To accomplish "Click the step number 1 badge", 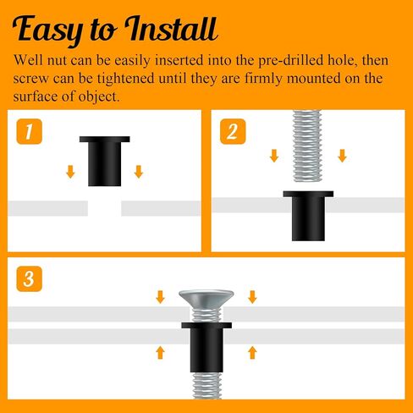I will [x=30, y=131].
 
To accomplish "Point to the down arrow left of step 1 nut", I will [x=70, y=173].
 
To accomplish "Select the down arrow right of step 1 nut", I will [x=138, y=173].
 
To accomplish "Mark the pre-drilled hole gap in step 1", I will [x=104, y=207].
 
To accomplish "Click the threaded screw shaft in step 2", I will [x=307, y=148].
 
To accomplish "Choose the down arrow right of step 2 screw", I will [x=341, y=157].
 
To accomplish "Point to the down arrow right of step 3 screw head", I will [x=251, y=296].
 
